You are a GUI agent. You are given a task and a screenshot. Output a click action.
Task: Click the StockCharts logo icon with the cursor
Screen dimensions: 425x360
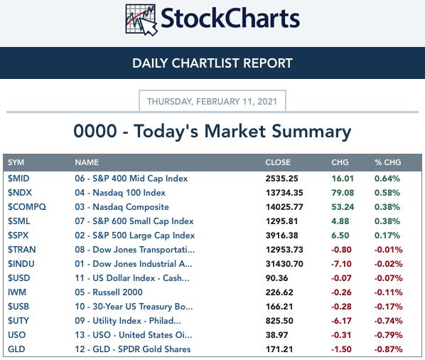[141, 20]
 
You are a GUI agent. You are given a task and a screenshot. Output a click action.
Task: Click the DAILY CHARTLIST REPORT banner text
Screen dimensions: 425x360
[212, 63]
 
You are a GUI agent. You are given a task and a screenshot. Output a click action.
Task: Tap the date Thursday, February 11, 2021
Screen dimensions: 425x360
[212, 102]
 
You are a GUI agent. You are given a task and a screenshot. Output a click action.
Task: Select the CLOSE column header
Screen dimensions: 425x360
[278, 162]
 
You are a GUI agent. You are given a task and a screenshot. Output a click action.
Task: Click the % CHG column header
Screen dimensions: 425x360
[387, 162]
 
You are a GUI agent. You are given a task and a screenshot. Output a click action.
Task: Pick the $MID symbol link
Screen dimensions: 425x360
[18, 179]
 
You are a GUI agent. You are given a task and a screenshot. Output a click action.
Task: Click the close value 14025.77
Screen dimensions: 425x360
[284, 207]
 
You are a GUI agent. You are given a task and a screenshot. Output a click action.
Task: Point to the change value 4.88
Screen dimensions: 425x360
[340, 221]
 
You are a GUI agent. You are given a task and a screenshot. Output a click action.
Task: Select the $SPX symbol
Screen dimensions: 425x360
[18, 235]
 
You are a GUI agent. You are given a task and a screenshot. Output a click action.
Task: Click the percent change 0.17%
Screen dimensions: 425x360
[387, 235]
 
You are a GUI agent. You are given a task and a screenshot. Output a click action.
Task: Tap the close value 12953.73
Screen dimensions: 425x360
[284, 250]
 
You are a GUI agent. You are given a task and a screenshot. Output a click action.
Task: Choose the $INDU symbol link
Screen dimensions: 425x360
[21, 264]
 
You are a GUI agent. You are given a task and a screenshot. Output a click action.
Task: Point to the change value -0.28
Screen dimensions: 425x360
[341, 307]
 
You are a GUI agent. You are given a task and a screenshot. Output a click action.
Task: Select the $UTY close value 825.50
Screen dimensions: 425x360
[279, 321]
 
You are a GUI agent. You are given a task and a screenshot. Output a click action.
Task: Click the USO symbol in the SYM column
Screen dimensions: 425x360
[17, 335]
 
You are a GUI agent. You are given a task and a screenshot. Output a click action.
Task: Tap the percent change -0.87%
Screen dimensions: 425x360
[389, 349]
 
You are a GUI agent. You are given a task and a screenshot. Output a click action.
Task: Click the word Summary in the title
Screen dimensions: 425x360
[311, 132]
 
